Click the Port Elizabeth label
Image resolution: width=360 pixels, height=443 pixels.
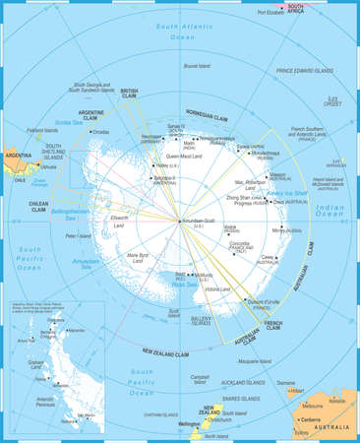coord(275,13)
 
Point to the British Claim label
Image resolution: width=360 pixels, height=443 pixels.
coord(129,95)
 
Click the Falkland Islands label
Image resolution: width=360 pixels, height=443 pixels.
coord(43,129)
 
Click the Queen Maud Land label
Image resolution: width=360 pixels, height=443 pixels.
coord(185,157)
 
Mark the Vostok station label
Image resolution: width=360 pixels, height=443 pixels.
coord(230,227)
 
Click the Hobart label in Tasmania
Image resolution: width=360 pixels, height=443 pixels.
coord(296,391)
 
